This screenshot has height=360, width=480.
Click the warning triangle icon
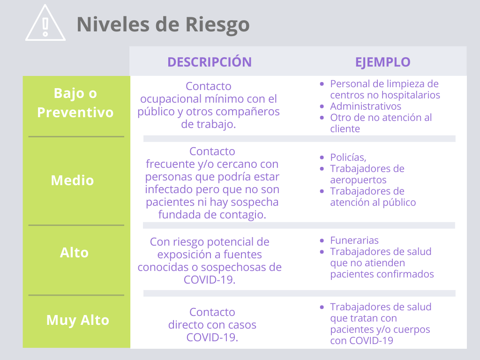click(45, 23)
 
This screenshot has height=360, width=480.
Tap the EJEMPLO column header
click(382, 62)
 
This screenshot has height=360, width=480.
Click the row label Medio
click(72, 180)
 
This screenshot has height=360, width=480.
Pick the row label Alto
click(74, 253)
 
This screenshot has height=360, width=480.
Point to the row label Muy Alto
click(78, 320)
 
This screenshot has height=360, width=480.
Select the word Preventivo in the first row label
click(75, 112)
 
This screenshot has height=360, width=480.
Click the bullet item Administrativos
click(366, 106)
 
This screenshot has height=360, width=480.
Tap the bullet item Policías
click(348, 157)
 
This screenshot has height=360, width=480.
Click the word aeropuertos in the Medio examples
click(358, 180)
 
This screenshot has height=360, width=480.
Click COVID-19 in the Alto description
click(210, 279)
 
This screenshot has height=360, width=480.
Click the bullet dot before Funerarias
click(322, 240)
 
